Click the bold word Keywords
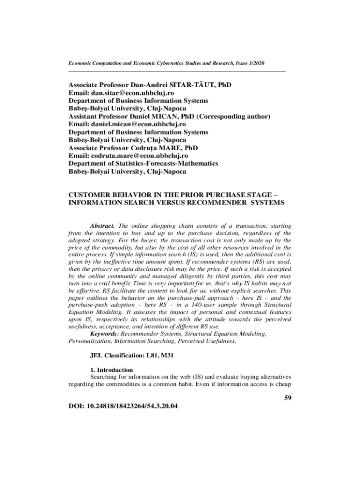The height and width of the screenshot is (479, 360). [x=104, y=334]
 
